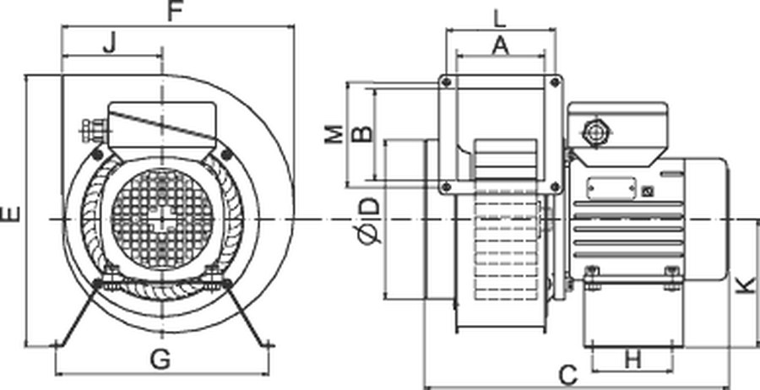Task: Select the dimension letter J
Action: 110,44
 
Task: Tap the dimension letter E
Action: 11,214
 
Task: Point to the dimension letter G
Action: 160,360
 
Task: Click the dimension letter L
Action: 500,19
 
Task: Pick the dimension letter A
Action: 501,46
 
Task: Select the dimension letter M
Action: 334,134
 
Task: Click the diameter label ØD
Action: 371,220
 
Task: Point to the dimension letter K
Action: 747,284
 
